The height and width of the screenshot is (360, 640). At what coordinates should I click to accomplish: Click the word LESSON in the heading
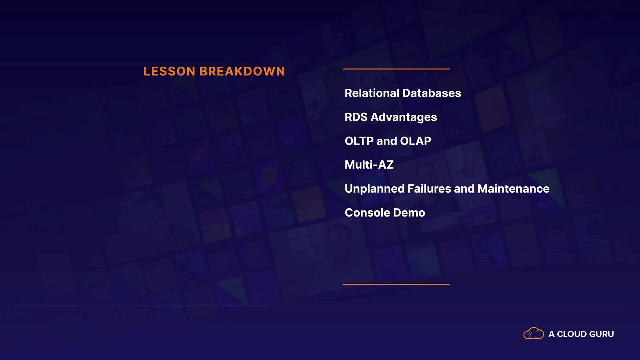point(169,71)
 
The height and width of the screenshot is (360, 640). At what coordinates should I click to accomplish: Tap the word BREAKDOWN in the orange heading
point(242,71)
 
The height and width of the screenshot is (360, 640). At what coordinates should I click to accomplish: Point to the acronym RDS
point(356,117)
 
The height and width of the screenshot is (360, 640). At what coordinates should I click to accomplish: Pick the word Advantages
point(404,118)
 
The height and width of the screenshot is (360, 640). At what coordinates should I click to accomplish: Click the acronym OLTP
point(359,141)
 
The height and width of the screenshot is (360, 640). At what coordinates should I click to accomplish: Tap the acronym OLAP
point(415,141)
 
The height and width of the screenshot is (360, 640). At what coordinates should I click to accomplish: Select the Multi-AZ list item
point(369,165)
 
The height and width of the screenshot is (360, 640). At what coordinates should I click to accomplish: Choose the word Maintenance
point(513,189)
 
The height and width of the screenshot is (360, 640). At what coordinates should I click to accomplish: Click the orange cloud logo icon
point(534,333)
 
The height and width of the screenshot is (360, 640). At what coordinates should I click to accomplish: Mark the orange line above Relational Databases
point(396,69)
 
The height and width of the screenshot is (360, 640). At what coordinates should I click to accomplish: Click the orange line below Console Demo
point(396,284)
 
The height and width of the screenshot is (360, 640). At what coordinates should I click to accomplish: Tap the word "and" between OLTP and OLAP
point(387,141)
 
